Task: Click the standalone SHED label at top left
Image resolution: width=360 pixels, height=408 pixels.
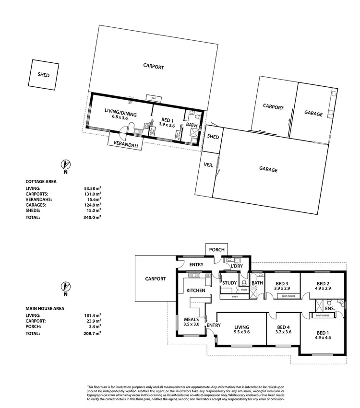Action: (44, 75)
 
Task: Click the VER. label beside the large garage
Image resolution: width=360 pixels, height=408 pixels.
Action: (209, 164)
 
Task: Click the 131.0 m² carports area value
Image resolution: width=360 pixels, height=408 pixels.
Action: (93, 194)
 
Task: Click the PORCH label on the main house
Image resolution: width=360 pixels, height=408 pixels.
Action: (216, 250)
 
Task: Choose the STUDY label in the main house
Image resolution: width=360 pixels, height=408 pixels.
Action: (229, 283)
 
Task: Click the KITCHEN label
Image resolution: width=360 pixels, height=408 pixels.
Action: (196, 291)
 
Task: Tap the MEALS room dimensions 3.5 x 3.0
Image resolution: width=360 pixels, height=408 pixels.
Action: (192, 324)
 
